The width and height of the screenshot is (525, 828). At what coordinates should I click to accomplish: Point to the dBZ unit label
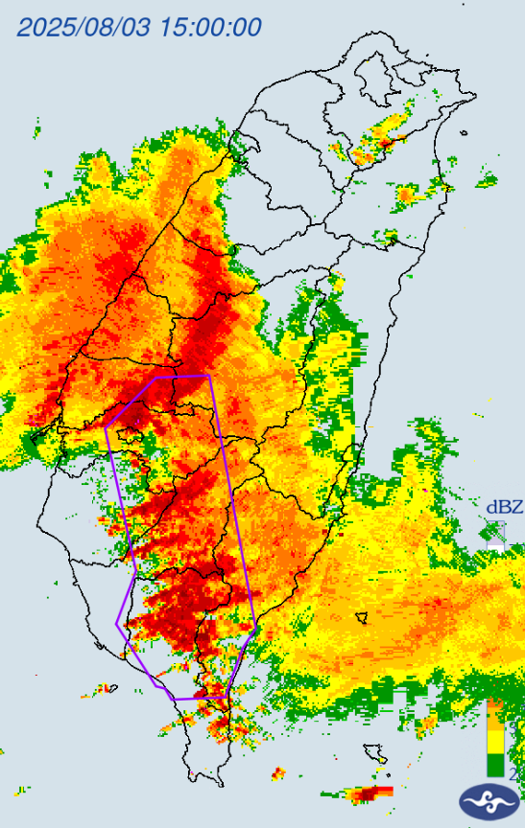pyautogui.click(x=504, y=507)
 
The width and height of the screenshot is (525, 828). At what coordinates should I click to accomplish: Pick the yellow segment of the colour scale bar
pyautogui.click(x=495, y=740)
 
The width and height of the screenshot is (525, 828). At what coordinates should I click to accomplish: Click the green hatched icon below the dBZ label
pyautogui.click(x=495, y=533)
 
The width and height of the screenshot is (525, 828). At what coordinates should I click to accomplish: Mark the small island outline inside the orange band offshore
pyautogui.click(x=362, y=617)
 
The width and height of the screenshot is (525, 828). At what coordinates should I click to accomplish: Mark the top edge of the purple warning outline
pyautogui.click(x=182, y=378)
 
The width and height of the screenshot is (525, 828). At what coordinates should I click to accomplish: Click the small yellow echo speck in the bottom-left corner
pyautogui.click(x=19, y=792)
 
